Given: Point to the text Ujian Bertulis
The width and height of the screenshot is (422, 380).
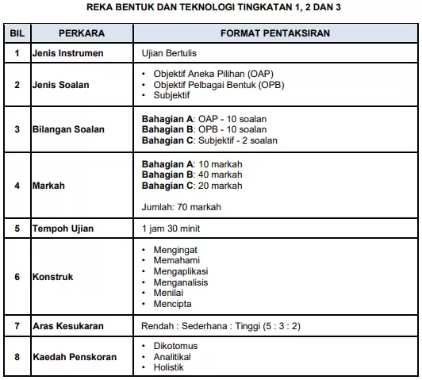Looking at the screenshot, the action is pos(167,54).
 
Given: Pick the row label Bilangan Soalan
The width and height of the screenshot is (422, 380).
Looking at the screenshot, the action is pos(74,129).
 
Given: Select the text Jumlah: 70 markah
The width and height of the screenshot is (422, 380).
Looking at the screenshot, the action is pos(181,207).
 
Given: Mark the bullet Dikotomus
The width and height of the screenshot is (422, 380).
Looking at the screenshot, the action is pos(176,346).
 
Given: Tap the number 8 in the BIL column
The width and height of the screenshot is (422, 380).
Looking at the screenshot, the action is pos(17,356).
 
